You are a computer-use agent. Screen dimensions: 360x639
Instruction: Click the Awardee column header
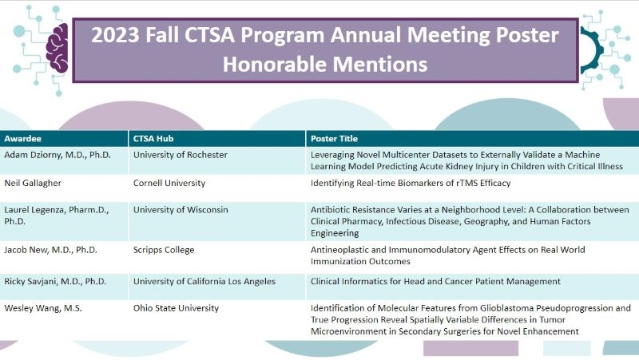24,137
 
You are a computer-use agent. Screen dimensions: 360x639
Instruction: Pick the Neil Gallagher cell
31,183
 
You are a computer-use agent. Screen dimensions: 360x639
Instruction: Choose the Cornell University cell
169,183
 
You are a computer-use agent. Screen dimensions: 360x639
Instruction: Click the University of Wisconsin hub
181,210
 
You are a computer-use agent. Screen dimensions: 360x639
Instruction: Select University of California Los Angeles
204,281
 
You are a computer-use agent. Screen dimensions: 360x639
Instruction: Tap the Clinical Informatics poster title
435,281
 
